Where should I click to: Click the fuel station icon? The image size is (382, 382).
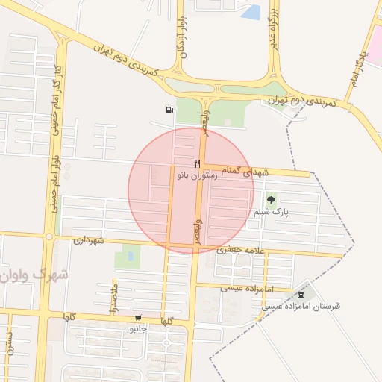point(170,110)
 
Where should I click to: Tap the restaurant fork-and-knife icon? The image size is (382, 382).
point(197,163)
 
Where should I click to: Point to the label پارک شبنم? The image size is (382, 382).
point(270,212)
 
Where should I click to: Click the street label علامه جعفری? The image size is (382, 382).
point(241,251)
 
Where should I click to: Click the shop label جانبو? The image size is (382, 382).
point(139,328)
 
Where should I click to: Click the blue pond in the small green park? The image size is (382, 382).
point(131,256)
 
